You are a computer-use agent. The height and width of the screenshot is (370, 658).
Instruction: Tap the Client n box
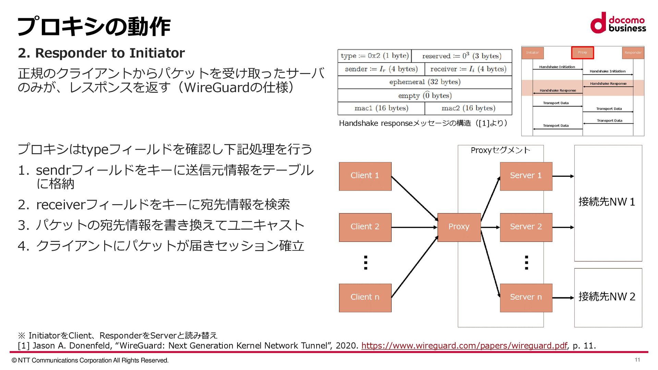pyautogui.click(x=365, y=297)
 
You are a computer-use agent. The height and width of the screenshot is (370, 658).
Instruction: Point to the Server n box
pyautogui.click(x=526, y=297)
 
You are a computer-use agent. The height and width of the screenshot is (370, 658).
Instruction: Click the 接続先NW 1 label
pyautogui.click(x=607, y=202)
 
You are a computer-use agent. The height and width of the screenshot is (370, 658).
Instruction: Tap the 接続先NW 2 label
pyautogui.click(x=607, y=296)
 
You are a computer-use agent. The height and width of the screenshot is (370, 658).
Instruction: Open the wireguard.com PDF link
pyautogui.click(x=464, y=346)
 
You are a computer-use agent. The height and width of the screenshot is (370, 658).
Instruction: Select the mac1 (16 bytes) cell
pyautogui.click(x=381, y=108)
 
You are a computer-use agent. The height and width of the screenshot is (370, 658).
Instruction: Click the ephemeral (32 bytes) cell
pyautogui.click(x=425, y=82)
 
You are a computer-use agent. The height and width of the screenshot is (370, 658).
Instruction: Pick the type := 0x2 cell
pyautogui.click(x=374, y=56)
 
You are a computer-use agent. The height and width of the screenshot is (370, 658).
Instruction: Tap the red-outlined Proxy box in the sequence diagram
pyautogui.click(x=582, y=52)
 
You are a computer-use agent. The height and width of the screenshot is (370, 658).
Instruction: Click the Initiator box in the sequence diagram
pyautogui.click(x=533, y=53)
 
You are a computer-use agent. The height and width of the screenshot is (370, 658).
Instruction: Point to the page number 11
pyautogui.click(x=637, y=360)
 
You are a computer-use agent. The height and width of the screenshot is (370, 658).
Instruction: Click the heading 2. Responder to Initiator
pyautogui.click(x=101, y=53)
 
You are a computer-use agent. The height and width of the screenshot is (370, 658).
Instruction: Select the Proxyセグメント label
pyautogui.click(x=500, y=150)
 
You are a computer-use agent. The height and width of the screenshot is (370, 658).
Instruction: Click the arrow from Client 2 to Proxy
pyautogui.click(x=414, y=227)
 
